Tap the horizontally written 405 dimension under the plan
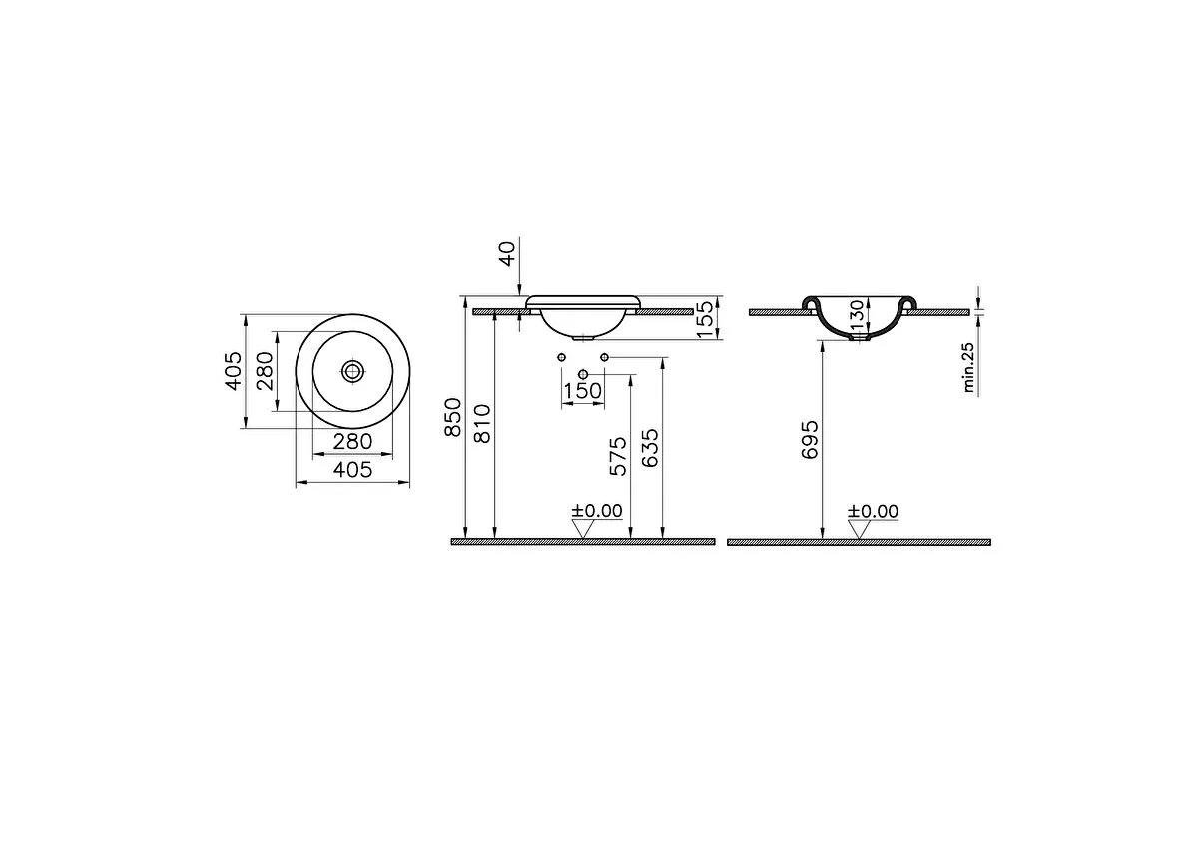click(x=353, y=469)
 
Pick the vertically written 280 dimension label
click(x=265, y=371)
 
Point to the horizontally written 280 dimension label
click(x=353, y=441)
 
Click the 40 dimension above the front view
click(x=509, y=253)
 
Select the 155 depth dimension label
click(x=704, y=319)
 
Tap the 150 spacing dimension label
click(x=583, y=391)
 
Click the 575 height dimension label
click(x=617, y=455)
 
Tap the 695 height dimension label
click(x=809, y=439)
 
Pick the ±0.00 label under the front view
click(x=597, y=511)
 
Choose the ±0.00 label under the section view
click(x=873, y=511)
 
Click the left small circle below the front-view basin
click(x=561, y=357)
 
